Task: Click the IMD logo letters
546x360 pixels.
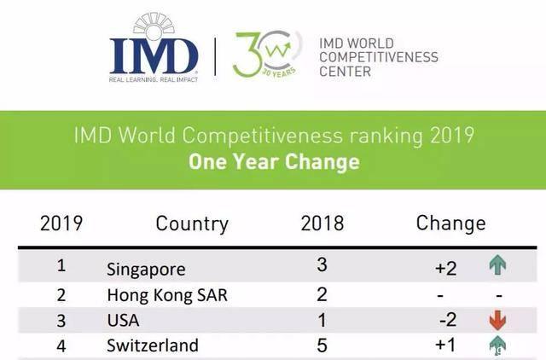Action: (x=154, y=56)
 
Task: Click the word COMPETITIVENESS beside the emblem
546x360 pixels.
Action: (x=378, y=57)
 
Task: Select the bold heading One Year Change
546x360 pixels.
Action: (x=273, y=161)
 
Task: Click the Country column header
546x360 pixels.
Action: (x=192, y=224)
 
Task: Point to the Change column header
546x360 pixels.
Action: (x=450, y=224)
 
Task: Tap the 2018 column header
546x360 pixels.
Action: (x=322, y=224)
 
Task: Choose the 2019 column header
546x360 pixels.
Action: (x=61, y=224)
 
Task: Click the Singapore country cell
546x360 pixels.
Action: (x=146, y=269)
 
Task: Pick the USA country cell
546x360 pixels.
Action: (x=123, y=321)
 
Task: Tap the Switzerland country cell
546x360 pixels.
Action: (x=153, y=345)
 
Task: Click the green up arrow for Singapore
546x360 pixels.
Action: (x=497, y=265)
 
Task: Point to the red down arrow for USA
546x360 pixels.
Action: (x=497, y=320)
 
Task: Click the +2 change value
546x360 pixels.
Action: (x=445, y=268)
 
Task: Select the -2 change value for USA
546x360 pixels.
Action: (x=447, y=320)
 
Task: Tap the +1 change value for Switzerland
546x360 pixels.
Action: (x=445, y=345)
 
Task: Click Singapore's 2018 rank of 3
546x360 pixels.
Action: (x=322, y=265)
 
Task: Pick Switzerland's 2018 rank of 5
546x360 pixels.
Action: (x=322, y=345)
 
